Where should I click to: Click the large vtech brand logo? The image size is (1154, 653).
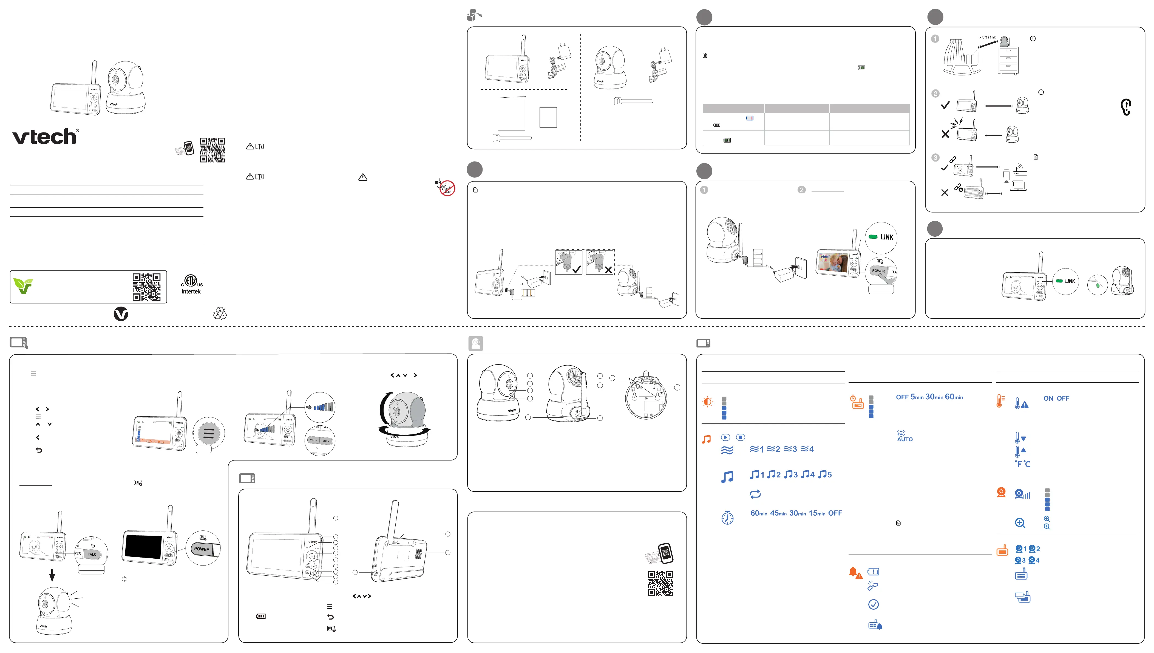(x=45, y=137)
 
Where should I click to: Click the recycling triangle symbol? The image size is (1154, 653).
(x=220, y=313)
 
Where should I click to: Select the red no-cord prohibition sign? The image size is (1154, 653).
(x=447, y=188)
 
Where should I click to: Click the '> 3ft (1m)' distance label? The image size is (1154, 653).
(x=987, y=37)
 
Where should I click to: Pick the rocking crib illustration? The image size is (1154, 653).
(x=962, y=57)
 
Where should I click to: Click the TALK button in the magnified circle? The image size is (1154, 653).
(x=92, y=554)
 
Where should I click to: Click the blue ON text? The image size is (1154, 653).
(x=1048, y=398)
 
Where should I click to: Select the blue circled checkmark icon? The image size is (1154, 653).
(x=873, y=604)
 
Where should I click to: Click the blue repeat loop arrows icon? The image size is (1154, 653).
(x=755, y=494)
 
